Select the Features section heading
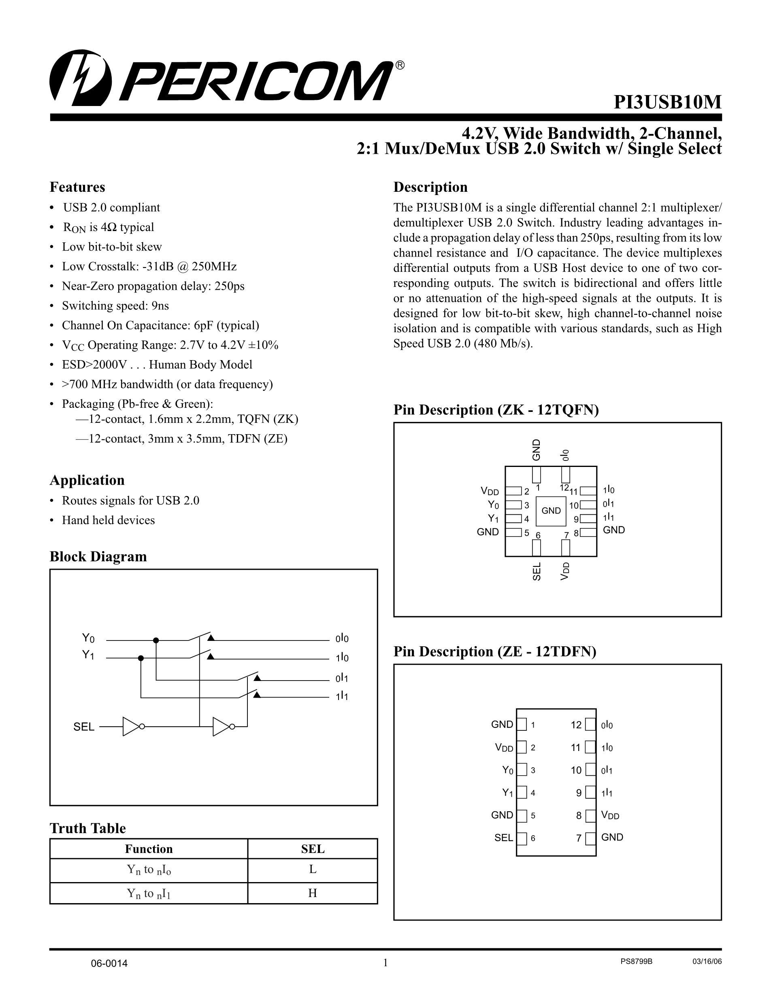77,187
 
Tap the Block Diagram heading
98,556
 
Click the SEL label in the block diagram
83,727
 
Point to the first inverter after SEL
132,726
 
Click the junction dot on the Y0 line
156,641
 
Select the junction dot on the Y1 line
141,658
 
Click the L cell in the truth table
313,869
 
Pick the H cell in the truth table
313,893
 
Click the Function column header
149,849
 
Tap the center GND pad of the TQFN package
551,511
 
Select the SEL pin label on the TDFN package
503,838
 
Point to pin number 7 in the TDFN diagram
579,838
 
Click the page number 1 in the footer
385,963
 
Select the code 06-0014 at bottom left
109,964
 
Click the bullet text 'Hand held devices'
108,520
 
